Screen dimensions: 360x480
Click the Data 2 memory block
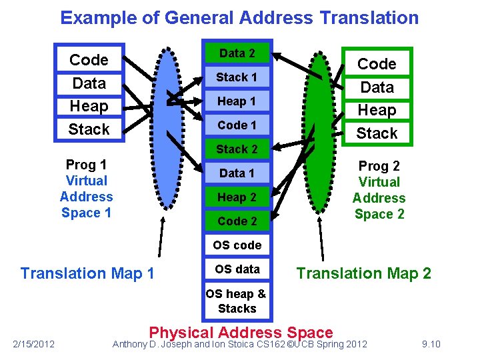tap(237, 53)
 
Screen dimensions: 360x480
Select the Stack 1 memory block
tap(237, 77)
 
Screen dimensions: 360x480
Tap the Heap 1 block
tap(237, 101)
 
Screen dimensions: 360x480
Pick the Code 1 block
tap(237, 125)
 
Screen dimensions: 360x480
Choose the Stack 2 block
tap(237, 149)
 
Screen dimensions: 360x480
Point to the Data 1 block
tap(237, 173)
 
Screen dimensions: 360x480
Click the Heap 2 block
tap(237, 197)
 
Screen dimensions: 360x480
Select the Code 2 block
tap(237, 221)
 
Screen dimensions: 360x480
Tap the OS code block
tap(237, 245)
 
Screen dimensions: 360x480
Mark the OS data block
tap(237, 269)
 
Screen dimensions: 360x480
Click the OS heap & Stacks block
tap(237, 301)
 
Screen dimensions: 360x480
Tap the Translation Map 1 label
tap(87, 273)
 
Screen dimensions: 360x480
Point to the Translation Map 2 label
tap(363, 273)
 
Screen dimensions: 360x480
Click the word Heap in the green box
tap(377, 110)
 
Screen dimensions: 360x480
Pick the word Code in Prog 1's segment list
tap(89, 60)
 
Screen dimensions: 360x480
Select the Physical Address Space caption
tap(241, 333)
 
